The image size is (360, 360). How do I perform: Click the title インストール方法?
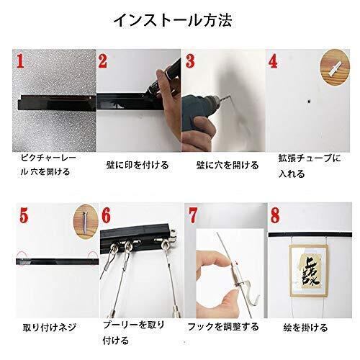(x=173, y=20)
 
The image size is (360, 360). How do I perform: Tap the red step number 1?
(x=20, y=60)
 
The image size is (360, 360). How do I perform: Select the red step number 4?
(x=274, y=61)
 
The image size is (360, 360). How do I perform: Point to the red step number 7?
(x=193, y=215)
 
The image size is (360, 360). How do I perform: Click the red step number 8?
(x=275, y=215)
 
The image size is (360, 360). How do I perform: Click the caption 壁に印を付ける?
(x=138, y=165)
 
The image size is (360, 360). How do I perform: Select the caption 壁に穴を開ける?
(x=228, y=165)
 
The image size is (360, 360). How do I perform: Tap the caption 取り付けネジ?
(x=50, y=328)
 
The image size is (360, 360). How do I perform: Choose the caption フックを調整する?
(x=223, y=327)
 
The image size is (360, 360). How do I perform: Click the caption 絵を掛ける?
(x=305, y=328)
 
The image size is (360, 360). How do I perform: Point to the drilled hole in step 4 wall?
(x=308, y=102)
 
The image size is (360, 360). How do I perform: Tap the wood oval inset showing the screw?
(x=86, y=221)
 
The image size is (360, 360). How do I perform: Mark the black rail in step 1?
(x=57, y=103)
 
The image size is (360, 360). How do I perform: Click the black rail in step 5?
(x=58, y=261)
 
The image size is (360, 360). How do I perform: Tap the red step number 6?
(x=106, y=215)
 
